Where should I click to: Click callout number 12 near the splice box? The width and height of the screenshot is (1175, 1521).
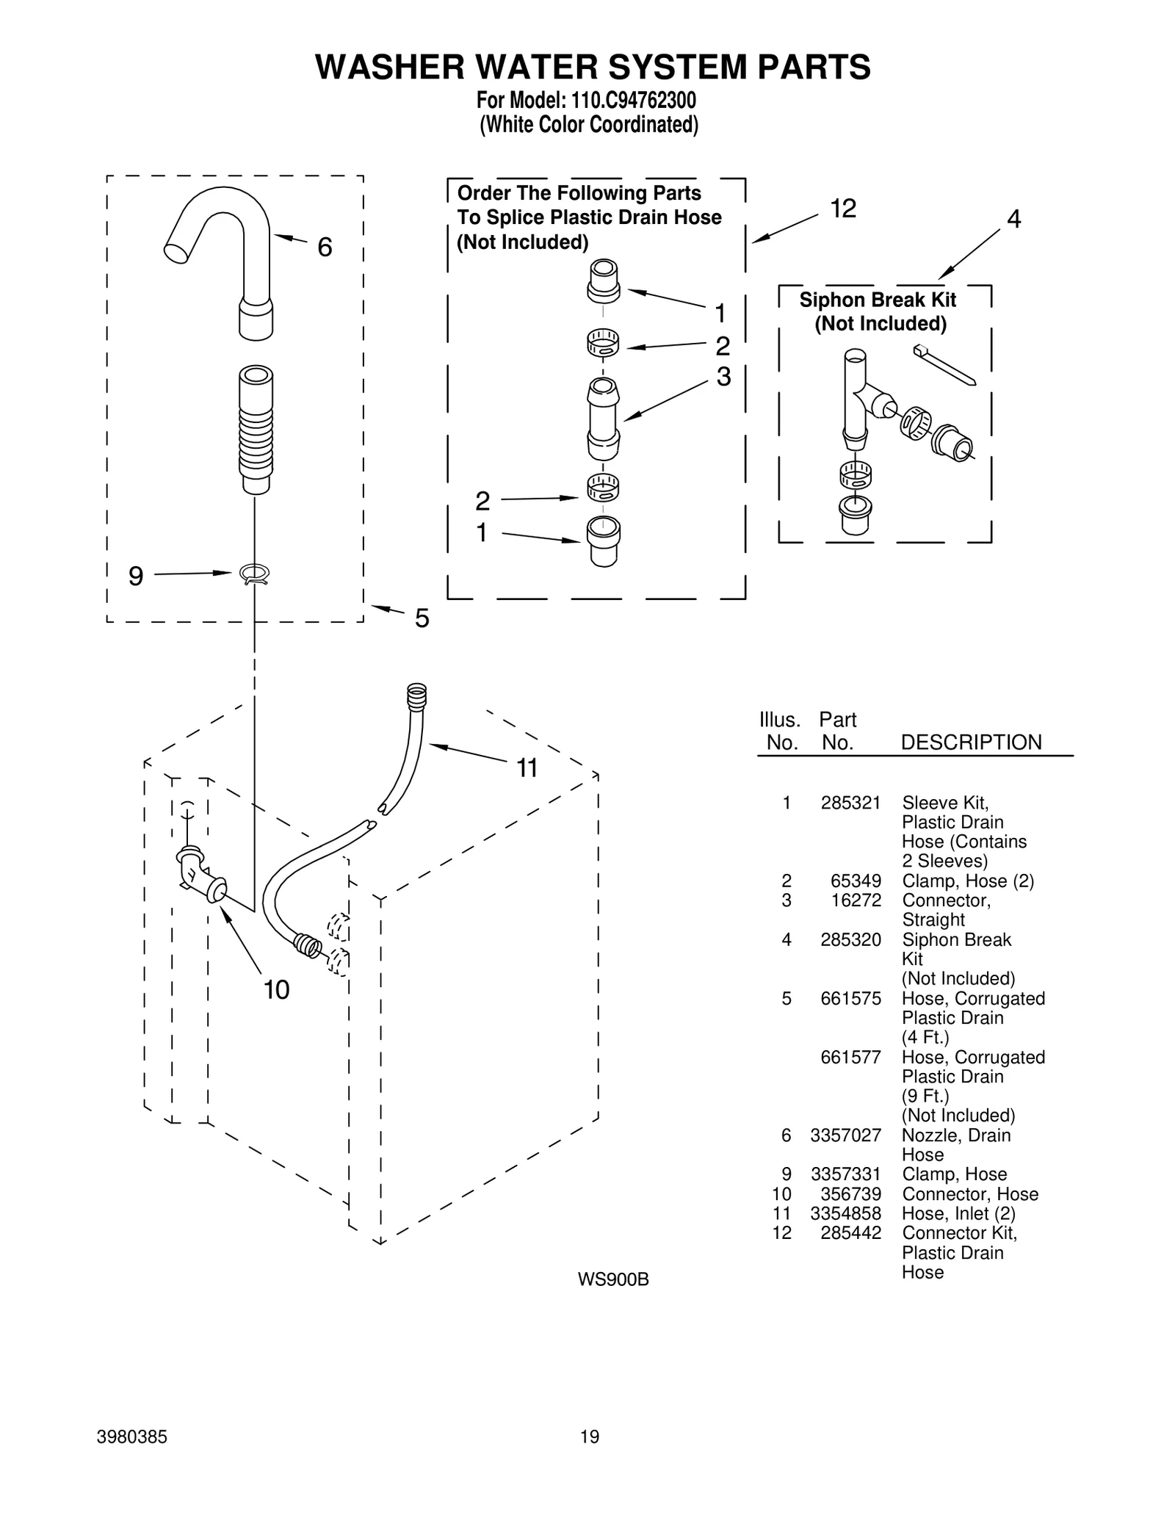point(843,209)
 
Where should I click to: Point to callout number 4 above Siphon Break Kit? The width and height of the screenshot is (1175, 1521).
point(1013,219)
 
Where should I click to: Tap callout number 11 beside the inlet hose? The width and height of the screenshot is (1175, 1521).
point(527,768)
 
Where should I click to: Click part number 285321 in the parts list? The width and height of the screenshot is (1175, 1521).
point(850,803)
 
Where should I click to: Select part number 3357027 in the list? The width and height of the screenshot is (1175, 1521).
point(845,1135)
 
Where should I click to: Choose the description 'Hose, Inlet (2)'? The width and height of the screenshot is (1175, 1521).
point(958,1213)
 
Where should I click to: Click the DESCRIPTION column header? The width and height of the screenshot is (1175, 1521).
point(971,743)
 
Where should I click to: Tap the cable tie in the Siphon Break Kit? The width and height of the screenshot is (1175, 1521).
point(944,365)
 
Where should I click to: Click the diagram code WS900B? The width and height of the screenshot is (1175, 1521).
point(613,1279)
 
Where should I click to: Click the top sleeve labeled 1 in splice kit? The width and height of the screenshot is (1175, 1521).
point(603,281)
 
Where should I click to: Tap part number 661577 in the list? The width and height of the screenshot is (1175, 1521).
point(850,1057)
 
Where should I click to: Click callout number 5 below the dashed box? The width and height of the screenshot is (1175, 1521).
point(422,618)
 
